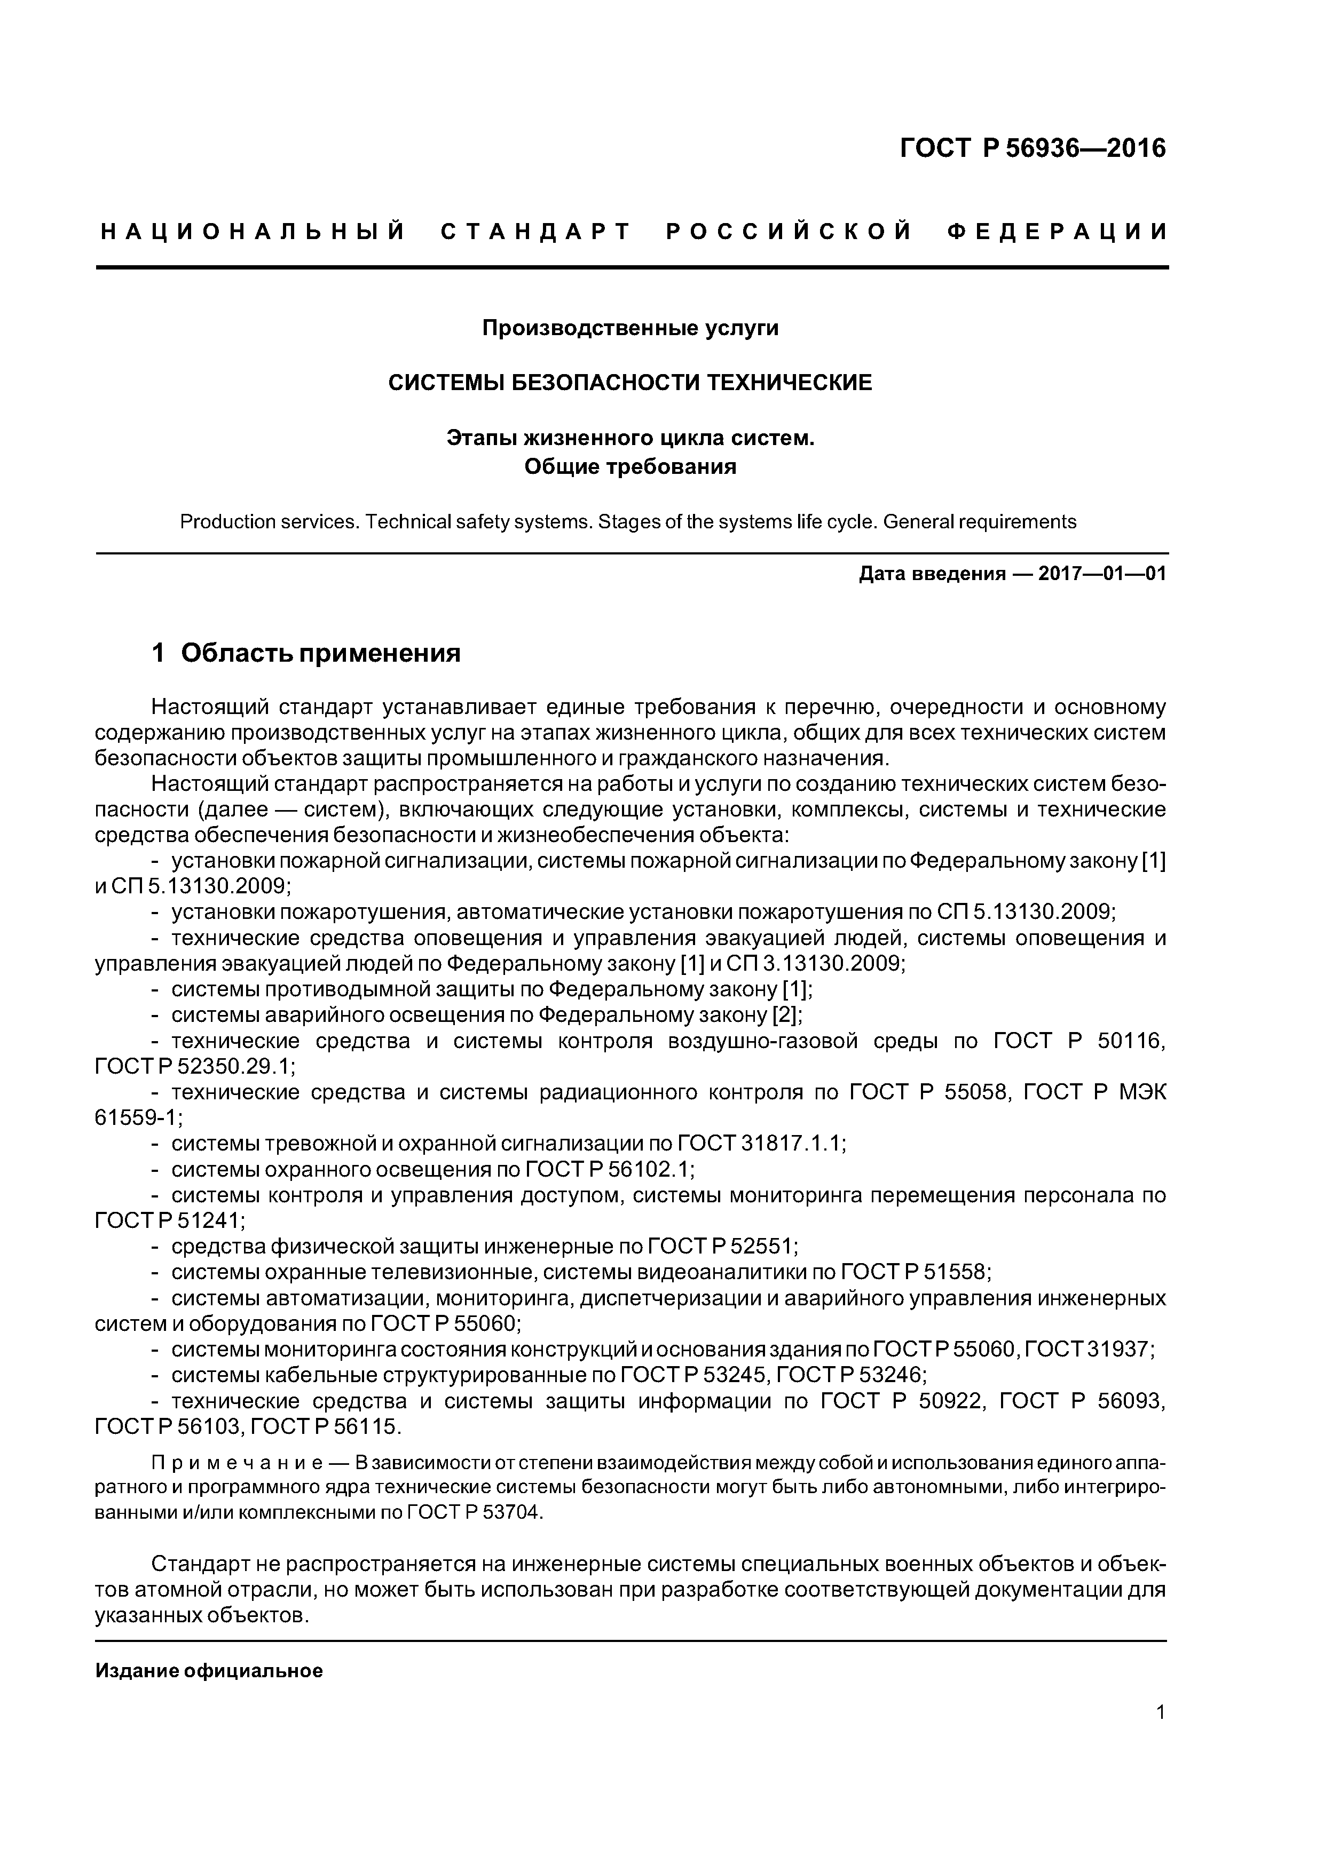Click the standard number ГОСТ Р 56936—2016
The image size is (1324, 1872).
coord(1033,148)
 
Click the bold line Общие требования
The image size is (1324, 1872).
coord(630,466)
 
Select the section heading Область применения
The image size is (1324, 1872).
coord(321,653)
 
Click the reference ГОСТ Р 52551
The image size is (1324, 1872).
coord(721,1247)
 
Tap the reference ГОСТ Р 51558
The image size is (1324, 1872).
coord(913,1272)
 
